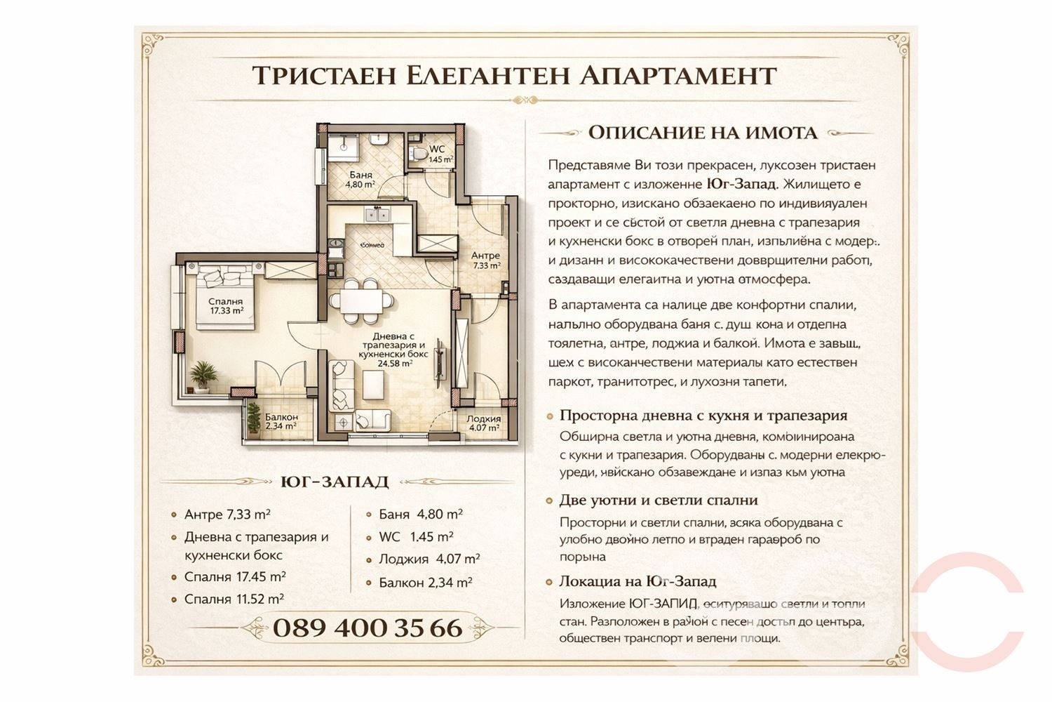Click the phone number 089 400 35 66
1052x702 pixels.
367,628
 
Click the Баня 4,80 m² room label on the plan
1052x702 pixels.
360,180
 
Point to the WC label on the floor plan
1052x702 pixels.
437,149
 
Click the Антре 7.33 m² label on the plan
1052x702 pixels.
485,260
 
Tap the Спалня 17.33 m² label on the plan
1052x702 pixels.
226,305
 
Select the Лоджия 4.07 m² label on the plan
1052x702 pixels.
484,423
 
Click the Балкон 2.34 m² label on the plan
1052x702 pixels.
281,421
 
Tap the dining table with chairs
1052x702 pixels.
362,300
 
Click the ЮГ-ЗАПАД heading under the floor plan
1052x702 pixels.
334,482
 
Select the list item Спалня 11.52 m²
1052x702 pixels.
234,600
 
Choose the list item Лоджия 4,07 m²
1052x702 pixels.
429,559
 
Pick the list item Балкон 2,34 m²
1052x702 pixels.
425,583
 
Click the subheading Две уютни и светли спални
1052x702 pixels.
658,501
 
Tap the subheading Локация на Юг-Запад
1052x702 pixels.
638,581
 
